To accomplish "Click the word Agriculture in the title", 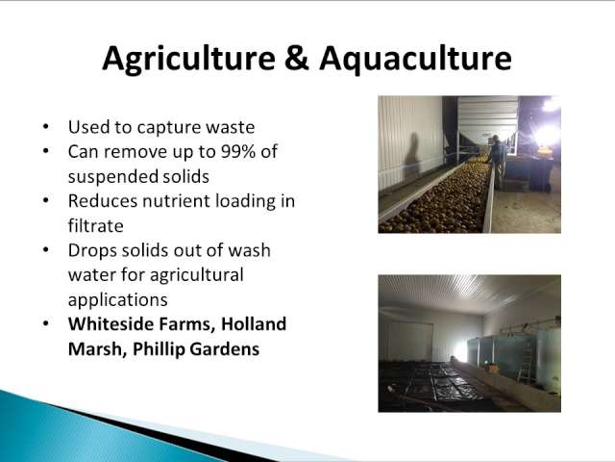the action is [x=188, y=59].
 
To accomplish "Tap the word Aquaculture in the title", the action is [x=415, y=59].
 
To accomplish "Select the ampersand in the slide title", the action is [x=297, y=58].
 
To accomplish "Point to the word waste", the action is [x=231, y=127].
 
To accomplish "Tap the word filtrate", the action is [x=96, y=226].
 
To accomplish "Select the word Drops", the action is [x=92, y=251].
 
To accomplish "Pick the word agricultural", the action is [x=196, y=275].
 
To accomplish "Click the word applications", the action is [x=117, y=300].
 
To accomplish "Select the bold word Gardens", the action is [x=224, y=349].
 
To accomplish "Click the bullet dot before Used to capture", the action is [x=46, y=127].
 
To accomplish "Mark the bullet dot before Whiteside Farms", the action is [x=46, y=323].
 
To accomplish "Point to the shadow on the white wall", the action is [x=412, y=156].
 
